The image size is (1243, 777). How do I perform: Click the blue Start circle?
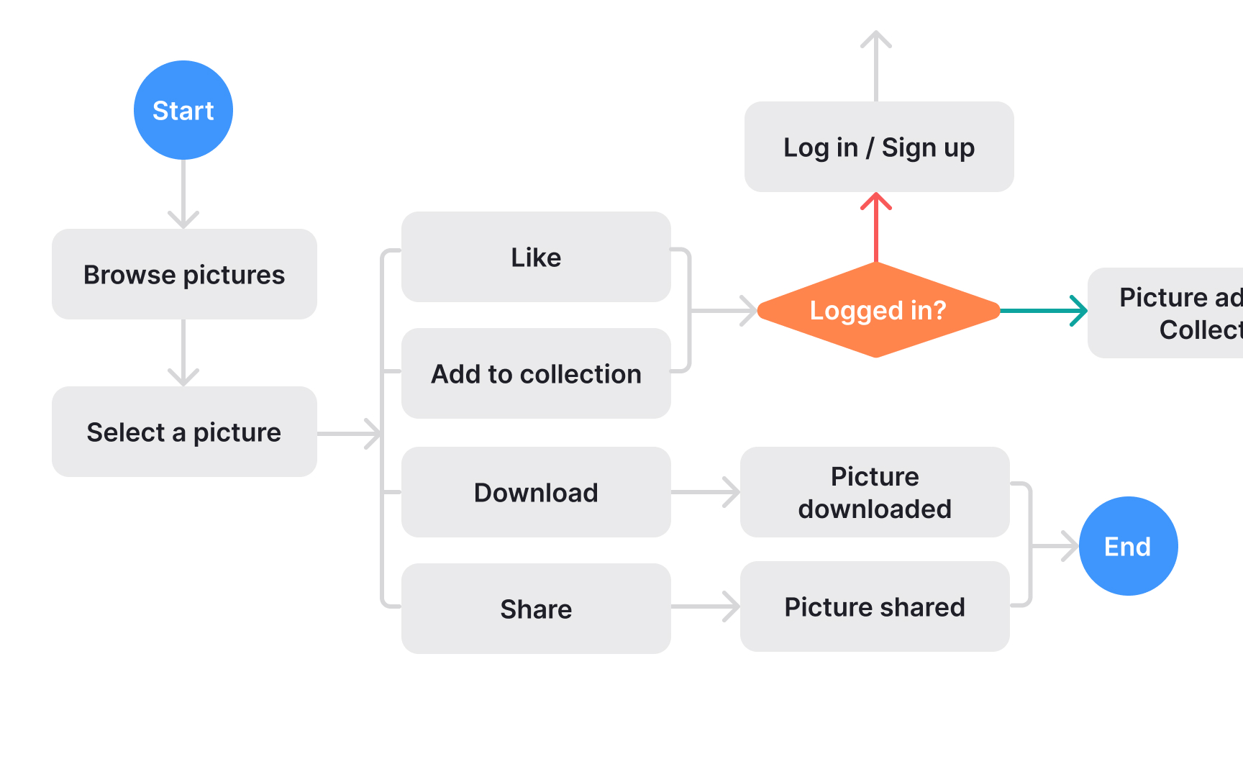tap(183, 110)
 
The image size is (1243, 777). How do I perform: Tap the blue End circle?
tap(1128, 546)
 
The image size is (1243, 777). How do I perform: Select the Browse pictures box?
tap(184, 274)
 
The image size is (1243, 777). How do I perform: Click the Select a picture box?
tap(184, 432)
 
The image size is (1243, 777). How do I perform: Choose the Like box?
tap(536, 257)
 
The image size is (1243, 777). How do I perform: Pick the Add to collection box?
tap(536, 373)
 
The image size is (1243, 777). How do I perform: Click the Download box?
tap(536, 492)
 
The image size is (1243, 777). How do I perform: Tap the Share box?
tap(536, 609)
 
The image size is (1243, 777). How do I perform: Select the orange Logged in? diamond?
tap(878, 310)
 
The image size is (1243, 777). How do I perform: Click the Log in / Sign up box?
tap(878, 147)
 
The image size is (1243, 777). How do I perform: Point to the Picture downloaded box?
tap(875, 492)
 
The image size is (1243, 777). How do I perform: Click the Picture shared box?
tap(875, 606)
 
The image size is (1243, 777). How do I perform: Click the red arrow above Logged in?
tap(876, 227)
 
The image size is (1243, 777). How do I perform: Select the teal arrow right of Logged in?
tap(1043, 311)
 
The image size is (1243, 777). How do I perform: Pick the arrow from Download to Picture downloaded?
tap(705, 492)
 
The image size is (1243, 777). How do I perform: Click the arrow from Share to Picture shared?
tap(705, 606)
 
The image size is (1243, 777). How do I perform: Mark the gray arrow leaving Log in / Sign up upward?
tap(876, 65)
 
